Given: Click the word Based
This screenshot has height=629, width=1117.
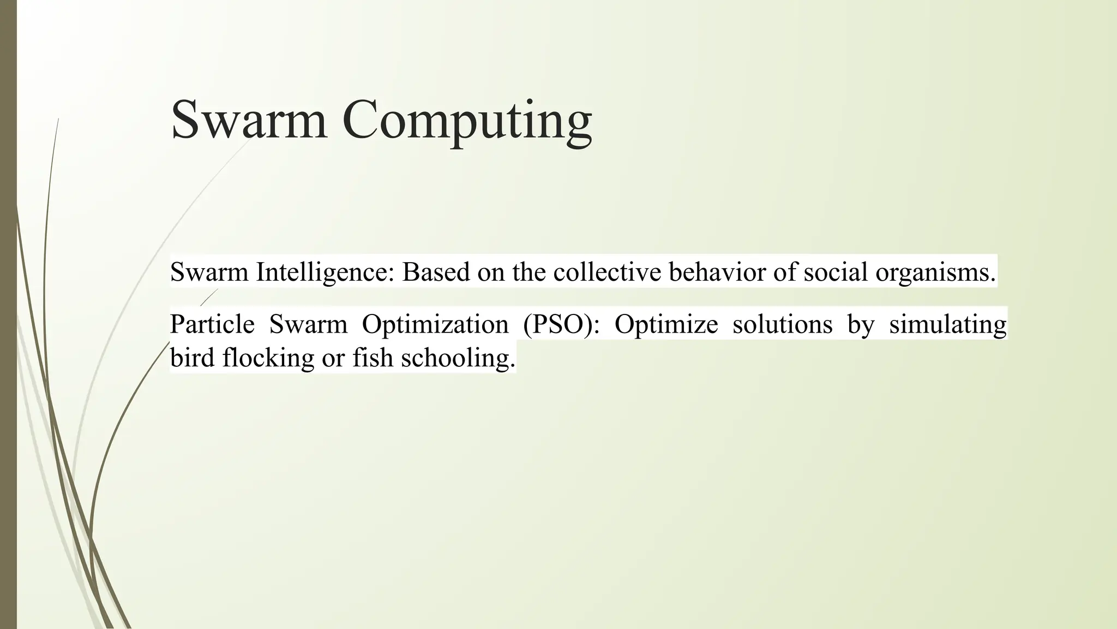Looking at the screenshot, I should [436, 272].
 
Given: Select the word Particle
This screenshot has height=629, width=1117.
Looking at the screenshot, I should [212, 324].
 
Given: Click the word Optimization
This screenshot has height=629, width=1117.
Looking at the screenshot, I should [435, 325].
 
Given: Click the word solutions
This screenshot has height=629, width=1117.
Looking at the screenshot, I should [782, 324].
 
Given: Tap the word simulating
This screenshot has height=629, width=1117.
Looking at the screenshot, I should [947, 325].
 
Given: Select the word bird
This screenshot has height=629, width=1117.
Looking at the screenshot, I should [188, 358].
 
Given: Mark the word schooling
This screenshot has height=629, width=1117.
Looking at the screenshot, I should [458, 359].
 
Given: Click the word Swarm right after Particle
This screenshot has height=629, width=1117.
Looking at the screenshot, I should [308, 324].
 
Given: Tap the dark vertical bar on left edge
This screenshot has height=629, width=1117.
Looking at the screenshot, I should [8, 314].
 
